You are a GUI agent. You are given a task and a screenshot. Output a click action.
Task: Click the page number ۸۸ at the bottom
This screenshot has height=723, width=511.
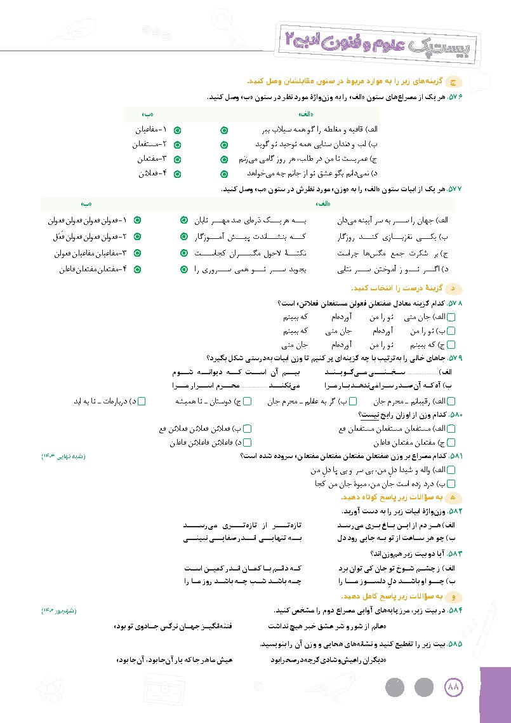(x=454, y=688)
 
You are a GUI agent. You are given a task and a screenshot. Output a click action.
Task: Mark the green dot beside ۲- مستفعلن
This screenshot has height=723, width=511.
(x=177, y=144)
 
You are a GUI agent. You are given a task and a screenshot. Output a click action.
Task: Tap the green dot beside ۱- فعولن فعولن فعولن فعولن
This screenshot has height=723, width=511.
(x=137, y=220)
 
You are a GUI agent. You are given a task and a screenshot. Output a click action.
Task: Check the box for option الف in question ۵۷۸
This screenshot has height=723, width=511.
(x=451, y=316)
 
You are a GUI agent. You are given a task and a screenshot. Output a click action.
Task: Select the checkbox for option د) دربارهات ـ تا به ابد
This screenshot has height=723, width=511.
(x=142, y=401)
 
